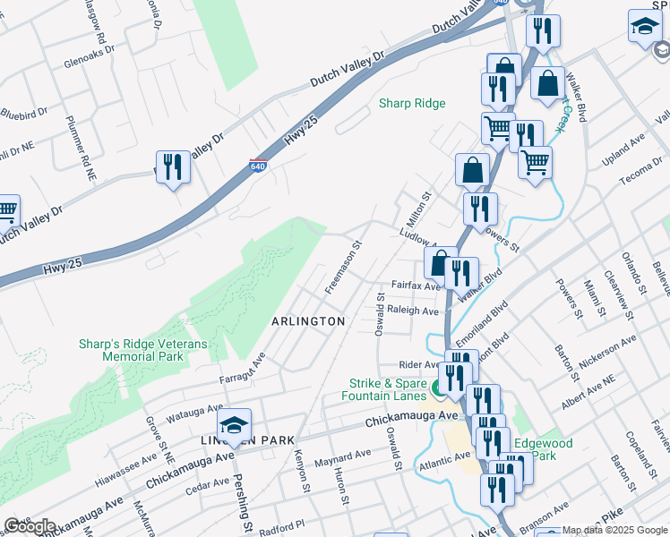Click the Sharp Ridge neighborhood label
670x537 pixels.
point(411,103)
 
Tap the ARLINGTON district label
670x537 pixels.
point(308,320)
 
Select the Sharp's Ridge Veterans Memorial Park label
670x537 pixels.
point(142,350)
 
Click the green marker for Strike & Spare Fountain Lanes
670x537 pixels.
point(439,388)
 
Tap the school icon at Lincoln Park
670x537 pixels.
point(234,424)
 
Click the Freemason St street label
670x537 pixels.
point(343,267)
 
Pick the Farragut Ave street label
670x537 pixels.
point(243,368)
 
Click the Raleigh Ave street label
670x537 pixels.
point(413,311)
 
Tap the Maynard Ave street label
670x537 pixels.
point(348,455)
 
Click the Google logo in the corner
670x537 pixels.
point(29,525)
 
